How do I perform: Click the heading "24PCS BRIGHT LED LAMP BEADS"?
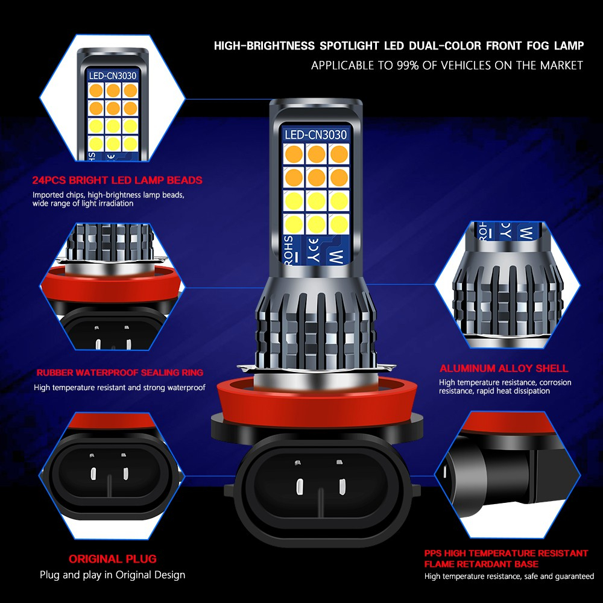click(x=118, y=180)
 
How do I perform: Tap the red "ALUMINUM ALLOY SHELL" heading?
click(x=504, y=368)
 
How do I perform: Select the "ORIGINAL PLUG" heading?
click(x=112, y=559)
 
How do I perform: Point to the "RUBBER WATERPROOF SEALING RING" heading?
click(x=119, y=373)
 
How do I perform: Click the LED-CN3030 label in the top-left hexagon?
click(x=113, y=76)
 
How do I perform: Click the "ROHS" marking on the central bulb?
click(x=289, y=250)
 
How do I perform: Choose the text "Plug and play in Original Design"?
click(x=112, y=575)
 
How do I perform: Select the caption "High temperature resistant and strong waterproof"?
click(x=119, y=388)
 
